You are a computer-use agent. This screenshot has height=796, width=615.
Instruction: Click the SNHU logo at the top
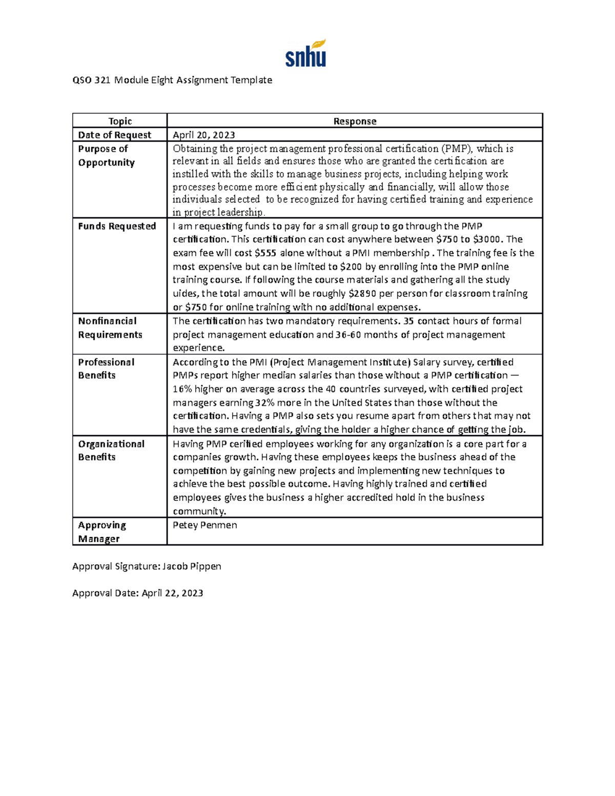click(305, 53)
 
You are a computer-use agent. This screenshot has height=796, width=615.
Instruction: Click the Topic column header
click(120, 121)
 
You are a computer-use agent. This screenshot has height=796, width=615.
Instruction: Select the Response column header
click(355, 121)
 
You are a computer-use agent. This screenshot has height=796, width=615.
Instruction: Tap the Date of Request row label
click(114, 135)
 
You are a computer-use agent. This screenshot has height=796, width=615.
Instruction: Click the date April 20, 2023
click(203, 135)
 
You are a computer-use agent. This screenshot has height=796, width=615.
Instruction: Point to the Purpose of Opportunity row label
click(106, 155)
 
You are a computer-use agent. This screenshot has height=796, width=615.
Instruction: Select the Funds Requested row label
click(117, 226)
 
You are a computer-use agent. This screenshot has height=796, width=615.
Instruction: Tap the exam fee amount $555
click(265, 253)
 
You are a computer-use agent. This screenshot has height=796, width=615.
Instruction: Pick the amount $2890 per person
click(362, 294)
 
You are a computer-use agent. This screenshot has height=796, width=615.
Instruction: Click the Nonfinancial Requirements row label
click(110, 328)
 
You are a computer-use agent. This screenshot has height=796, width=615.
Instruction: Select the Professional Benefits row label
click(106, 369)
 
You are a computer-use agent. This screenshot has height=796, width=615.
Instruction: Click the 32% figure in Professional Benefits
click(264, 402)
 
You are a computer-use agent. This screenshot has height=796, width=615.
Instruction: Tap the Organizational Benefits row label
click(111, 450)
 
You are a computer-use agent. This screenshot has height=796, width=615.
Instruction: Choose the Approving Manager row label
click(101, 532)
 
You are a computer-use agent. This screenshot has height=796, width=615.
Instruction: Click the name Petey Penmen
click(204, 525)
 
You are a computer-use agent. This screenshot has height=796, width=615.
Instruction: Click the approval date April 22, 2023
click(172, 593)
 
